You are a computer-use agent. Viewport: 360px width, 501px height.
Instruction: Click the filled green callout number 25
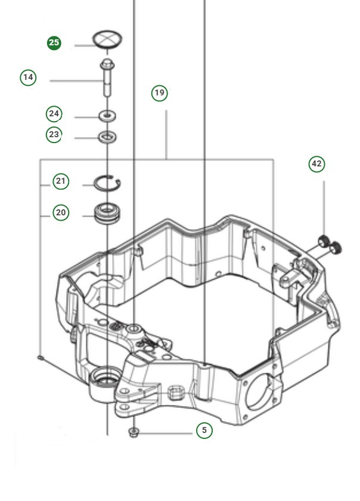[54, 43]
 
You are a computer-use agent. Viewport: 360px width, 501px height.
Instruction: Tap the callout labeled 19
[159, 93]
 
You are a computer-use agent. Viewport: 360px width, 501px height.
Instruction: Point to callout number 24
[55, 113]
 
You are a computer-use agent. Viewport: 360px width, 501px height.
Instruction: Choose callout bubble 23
[54, 135]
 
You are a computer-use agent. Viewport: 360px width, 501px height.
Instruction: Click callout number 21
[61, 181]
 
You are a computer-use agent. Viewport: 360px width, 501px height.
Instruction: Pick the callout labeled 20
[61, 212]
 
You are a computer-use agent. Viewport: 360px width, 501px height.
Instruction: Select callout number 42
[316, 164]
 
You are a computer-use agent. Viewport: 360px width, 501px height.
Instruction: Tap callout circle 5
[204, 429]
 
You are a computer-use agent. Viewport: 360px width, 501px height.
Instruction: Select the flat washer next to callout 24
[107, 114]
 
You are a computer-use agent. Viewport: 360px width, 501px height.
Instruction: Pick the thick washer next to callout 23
[107, 138]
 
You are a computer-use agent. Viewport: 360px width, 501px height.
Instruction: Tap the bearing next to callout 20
[107, 212]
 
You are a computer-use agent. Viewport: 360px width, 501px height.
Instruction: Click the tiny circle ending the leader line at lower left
[39, 358]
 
